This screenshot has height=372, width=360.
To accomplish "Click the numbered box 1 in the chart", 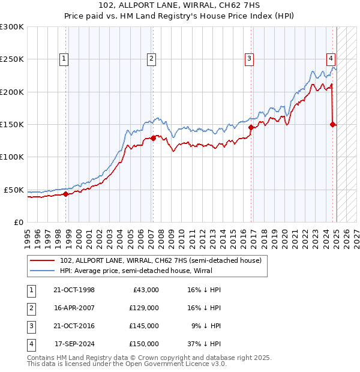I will coord(64,58).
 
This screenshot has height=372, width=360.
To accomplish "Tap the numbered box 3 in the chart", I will coord(248,58).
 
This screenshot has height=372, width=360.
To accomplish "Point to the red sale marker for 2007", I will coord(153,138).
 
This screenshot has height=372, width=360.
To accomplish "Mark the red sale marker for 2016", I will coord(251,127).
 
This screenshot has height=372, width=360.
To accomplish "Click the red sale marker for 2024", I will coord(332,124).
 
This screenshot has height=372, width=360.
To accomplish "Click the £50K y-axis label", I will coord(13,190).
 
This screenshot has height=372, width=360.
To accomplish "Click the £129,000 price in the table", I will coord(144,308).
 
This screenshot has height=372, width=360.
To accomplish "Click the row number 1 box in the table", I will coord(30,290).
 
